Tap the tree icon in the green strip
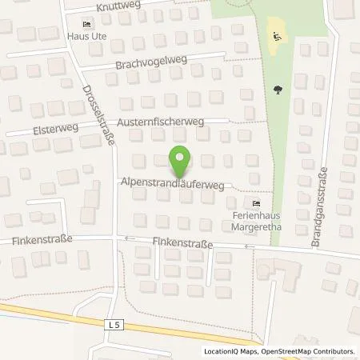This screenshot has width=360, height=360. click(277, 90)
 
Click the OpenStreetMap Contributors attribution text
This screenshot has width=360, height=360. click(312, 351)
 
